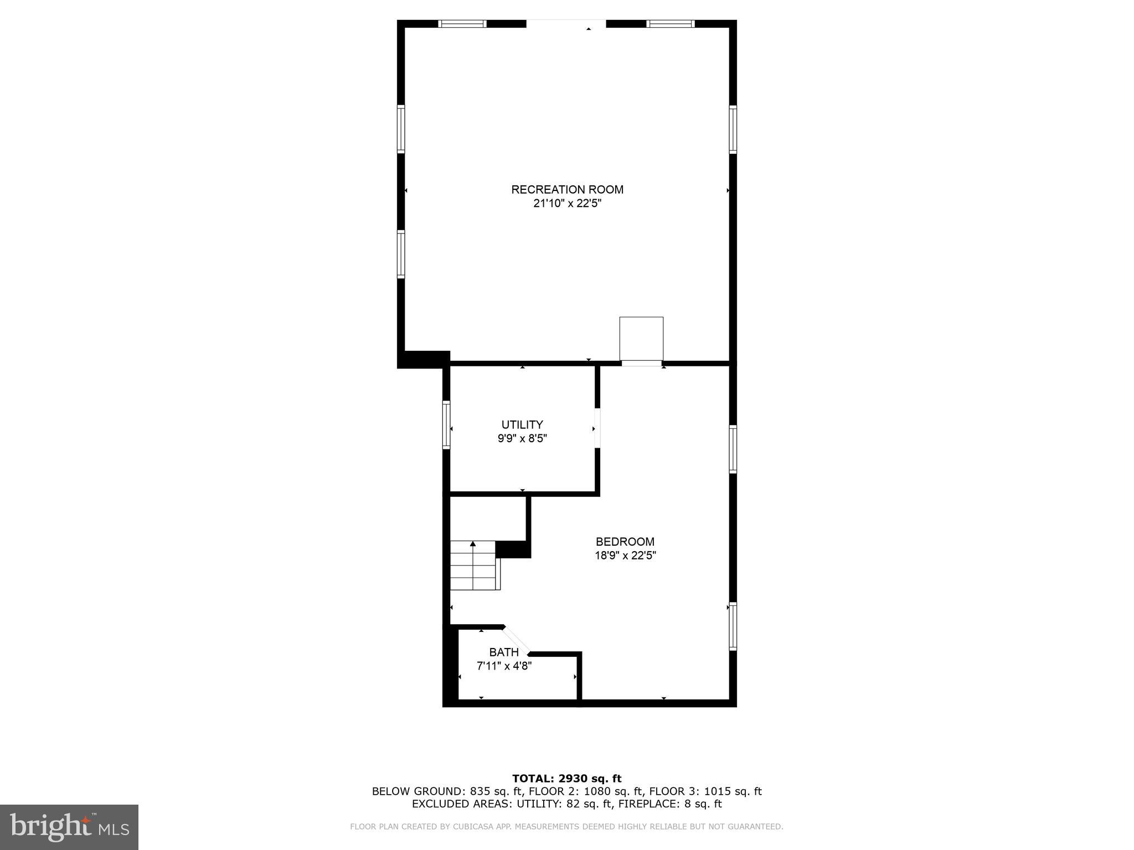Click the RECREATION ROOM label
pyautogui.click(x=567, y=190)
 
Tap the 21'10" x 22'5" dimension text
pyautogui.click(x=567, y=204)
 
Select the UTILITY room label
pyautogui.click(x=522, y=425)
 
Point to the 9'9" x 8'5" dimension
pyautogui.click(x=522, y=439)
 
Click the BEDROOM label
pyautogui.click(x=625, y=542)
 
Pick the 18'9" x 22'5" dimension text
pyautogui.click(x=625, y=556)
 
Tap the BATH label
pyautogui.click(x=504, y=652)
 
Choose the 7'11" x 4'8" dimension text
pyautogui.click(x=504, y=666)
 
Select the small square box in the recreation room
pyautogui.click(x=641, y=338)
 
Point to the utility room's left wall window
pyautogui.click(x=446, y=424)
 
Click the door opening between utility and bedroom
pyautogui.click(x=597, y=428)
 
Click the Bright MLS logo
pyautogui.click(x=69, y=827)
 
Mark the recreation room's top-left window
pyautogui.click(x=462, y=24)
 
